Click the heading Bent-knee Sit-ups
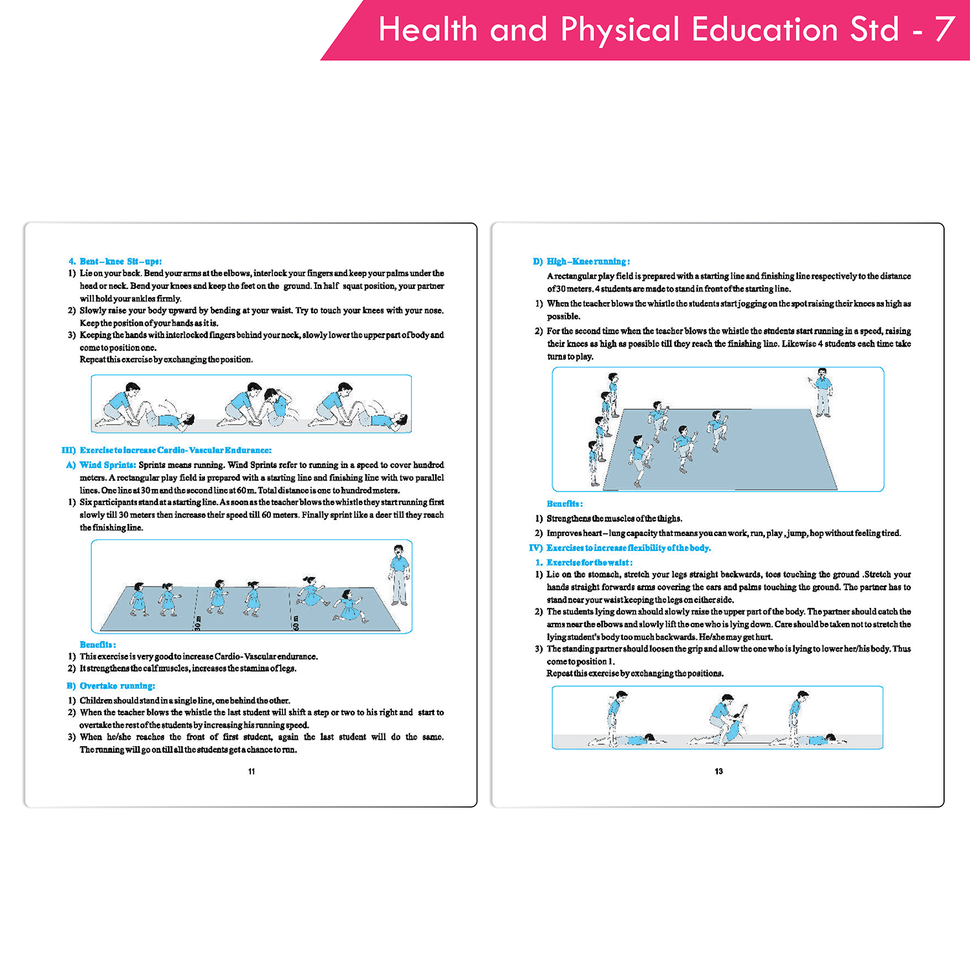click(x=120, y=261)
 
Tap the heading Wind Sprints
click(x=107, y=465)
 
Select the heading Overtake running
click(x=117, y=685)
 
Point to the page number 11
click(x=252, y=771)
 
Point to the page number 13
click(x=718, y=771)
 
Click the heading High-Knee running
click(x=588, y=261)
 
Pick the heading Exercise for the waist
click(x=589, y=563)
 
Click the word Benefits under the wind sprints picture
click(x=98, y=645)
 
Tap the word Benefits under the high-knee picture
click(x=565, y=504)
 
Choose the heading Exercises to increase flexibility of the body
click(x=628, y=548)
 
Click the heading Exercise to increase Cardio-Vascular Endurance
click(x=175, y=450)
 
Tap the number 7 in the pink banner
click(x=944, y=30)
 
